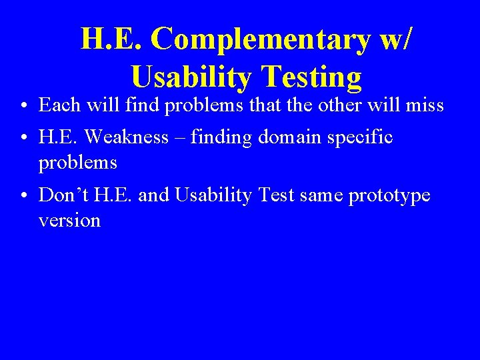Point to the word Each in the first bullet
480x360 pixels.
pyautogui.click(x=58, y=105)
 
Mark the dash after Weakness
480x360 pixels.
pyautogui.click(x=180, y=138)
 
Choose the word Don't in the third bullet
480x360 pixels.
pyautogui.click(x=64, y=195)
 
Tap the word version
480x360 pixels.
pyautogui.click(x=69, y=220)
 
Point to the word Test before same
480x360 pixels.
pyautogui.click(x=279, y=195)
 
